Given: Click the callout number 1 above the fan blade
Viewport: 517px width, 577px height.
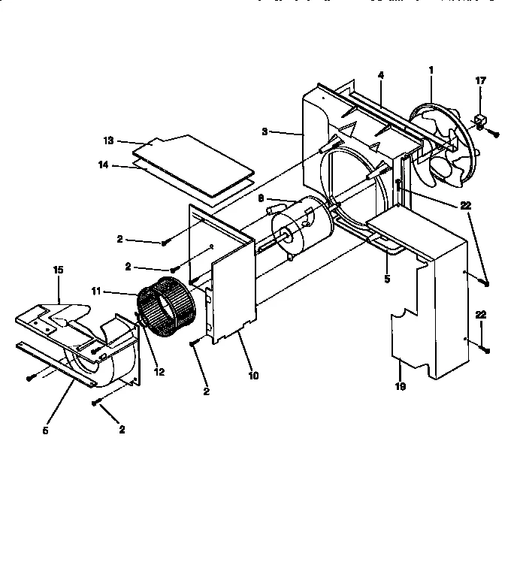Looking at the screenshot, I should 431,70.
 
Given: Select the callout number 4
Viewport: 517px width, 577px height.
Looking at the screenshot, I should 381,75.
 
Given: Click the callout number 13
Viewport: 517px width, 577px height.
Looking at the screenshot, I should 108,140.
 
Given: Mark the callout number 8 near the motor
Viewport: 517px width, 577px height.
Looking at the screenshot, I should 261,198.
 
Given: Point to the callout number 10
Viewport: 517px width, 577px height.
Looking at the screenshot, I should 253,375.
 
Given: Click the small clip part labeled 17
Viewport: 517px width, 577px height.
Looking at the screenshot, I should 479,119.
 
